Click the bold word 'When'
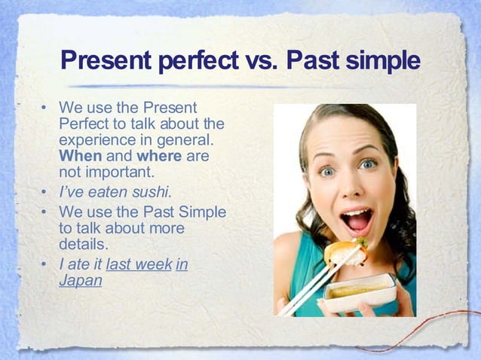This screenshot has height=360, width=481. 80,156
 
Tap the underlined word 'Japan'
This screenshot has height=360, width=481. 80,280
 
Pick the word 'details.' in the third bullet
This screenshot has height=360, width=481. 84,244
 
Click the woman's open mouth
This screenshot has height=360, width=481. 356,220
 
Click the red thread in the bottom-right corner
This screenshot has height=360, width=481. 422,331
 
